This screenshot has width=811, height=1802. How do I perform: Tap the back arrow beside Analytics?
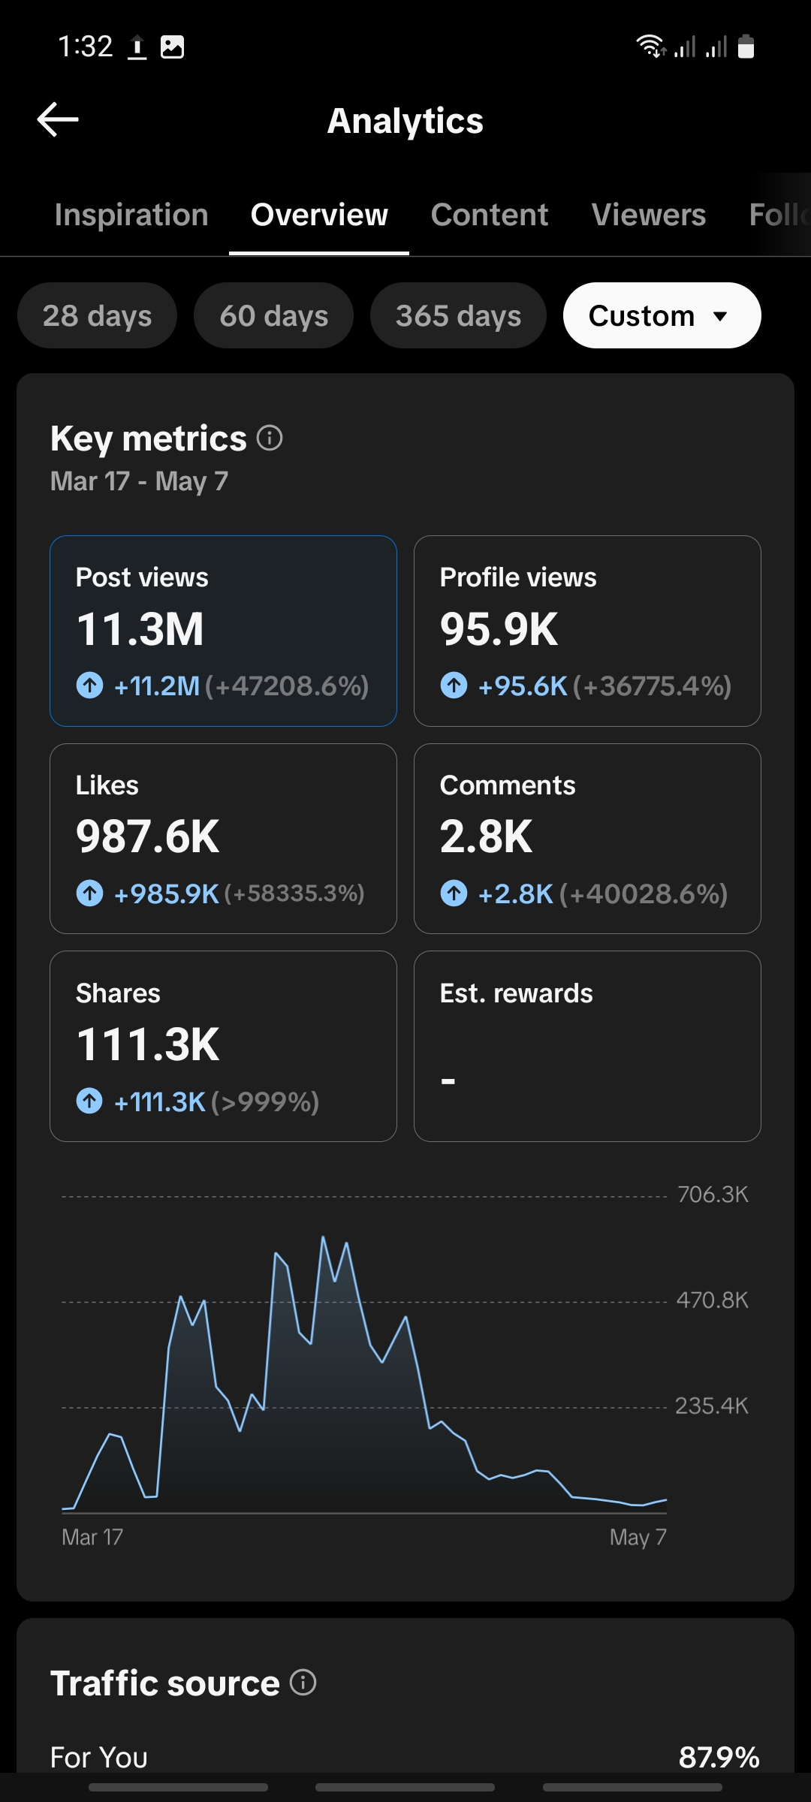point(58,119)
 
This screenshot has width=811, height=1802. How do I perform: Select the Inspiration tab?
point(131,215)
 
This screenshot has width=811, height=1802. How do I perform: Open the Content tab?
point(490,215)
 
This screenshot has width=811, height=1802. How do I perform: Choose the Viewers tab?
point(649,215)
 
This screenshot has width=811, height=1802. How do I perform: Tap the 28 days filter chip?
point(98,315)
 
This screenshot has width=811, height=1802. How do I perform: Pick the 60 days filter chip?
point(274,315)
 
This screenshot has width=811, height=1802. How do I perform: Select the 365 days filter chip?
point(458,315)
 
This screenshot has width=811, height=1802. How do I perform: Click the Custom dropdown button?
point(662,315)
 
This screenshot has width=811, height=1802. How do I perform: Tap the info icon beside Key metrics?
point(270,438)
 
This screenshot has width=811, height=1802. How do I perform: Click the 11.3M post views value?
point(140,629)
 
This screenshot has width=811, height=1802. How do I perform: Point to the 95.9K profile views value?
point(499,629)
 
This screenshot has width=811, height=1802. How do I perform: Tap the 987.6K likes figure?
point(148,837)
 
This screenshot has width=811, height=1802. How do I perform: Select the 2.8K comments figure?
point(487,837)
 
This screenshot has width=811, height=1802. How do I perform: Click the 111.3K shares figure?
point(148,1045)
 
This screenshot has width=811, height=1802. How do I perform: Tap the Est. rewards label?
point(517,993)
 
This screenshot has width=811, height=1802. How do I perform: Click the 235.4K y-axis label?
point(712,1406)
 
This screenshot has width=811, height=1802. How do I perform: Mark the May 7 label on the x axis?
point(638,1538)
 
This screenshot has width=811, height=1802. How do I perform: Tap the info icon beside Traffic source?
point(303,1683)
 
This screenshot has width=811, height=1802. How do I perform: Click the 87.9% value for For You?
point(719,1758)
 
